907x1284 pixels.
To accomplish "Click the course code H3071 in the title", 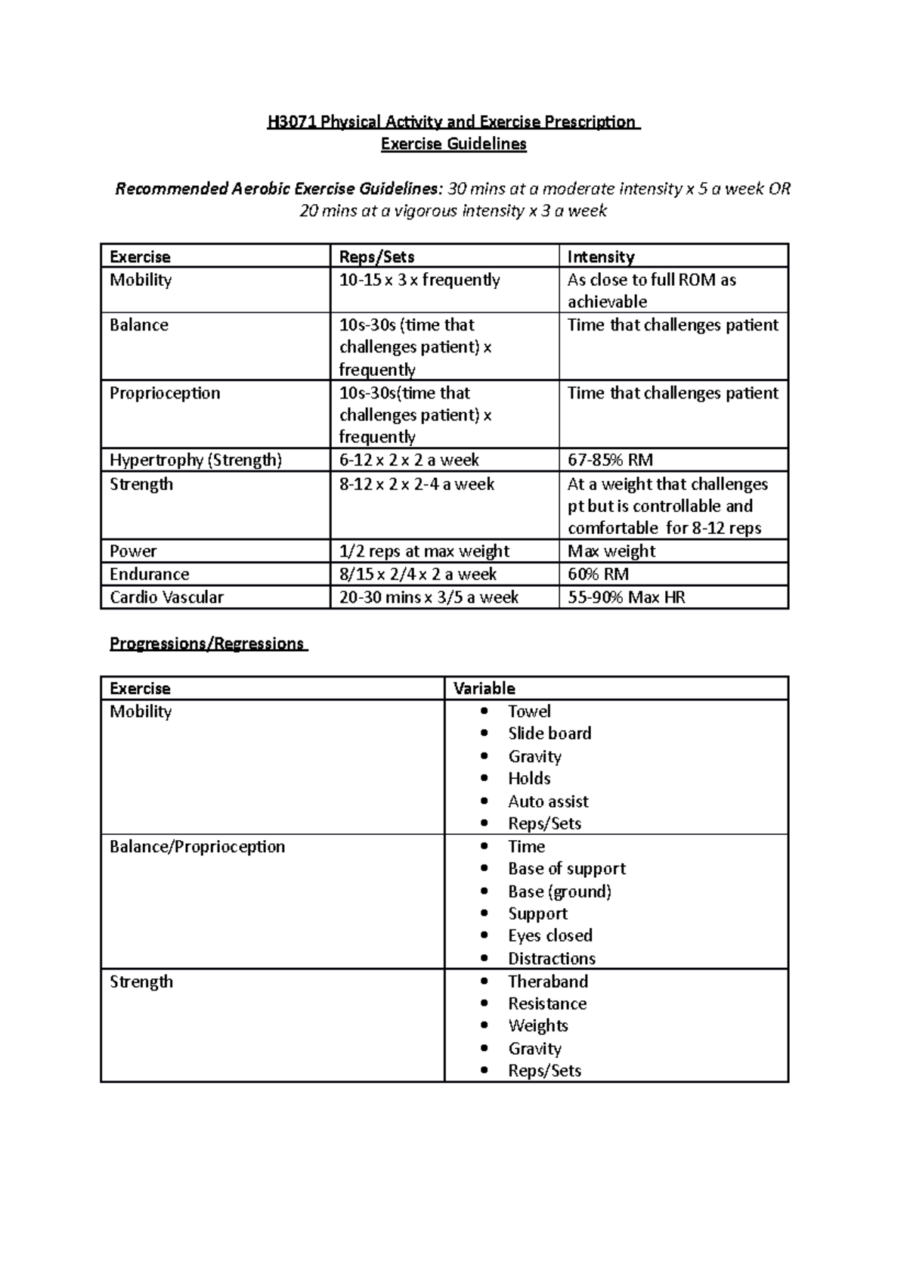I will point(292,122).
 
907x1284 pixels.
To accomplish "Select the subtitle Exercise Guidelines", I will point(453,144).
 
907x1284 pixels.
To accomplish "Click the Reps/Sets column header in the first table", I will point(376,256).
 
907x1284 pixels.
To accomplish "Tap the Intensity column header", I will point(601,256).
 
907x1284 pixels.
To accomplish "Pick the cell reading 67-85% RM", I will point(610,460).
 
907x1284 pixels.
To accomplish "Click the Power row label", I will point(133,551).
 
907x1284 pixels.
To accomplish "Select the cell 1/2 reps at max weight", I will point(424,551).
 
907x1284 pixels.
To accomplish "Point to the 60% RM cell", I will point(598,574).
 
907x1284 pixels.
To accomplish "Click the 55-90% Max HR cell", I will point(626,597).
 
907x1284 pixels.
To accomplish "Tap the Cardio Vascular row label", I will point(166,597).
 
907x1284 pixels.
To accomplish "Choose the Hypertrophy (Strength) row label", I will point(195,460).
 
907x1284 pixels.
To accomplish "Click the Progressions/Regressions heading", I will point(207,644).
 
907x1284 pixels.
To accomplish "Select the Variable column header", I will point(484,688).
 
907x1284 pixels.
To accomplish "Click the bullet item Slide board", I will point(549,733).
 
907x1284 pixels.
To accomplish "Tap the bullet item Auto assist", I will point(548,801).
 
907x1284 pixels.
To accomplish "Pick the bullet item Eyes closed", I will point(550,935).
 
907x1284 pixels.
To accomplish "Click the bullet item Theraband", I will point(548,981).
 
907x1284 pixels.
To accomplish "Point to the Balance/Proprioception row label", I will point(197,846).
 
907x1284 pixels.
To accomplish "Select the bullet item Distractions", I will point(552,958).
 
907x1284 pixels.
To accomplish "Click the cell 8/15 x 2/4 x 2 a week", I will point(418,574).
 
